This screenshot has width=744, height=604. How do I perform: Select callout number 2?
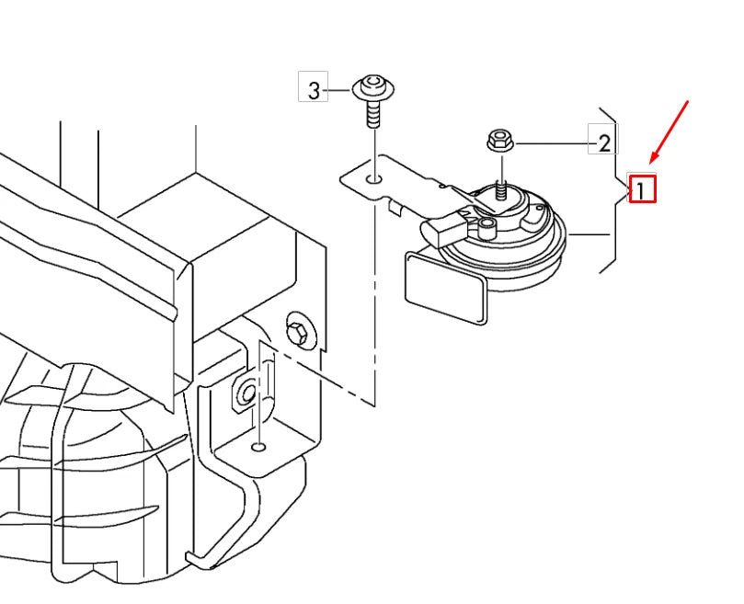(604, 142)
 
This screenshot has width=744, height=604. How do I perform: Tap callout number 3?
(314, 90)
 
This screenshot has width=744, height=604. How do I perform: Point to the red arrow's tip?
(650, 162)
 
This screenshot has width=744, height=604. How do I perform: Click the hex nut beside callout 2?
(499, 141)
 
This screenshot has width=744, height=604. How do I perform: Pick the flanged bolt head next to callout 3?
(373, 87)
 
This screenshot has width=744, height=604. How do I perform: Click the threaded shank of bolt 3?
(373, 114)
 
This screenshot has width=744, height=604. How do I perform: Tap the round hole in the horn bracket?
(375, 179)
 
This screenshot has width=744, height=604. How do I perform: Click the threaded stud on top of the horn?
(502, 189)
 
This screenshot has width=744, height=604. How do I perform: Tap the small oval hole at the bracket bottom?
(258, 447)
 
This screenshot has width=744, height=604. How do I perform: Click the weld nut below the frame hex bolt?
(246, 392)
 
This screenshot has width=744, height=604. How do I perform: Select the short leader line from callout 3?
(340, 90)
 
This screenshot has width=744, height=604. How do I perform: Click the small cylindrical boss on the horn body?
(486, 227)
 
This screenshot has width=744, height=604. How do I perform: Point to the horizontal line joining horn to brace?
(589, 234)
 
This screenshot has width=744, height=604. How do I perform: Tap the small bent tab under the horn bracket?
(395, 207)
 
